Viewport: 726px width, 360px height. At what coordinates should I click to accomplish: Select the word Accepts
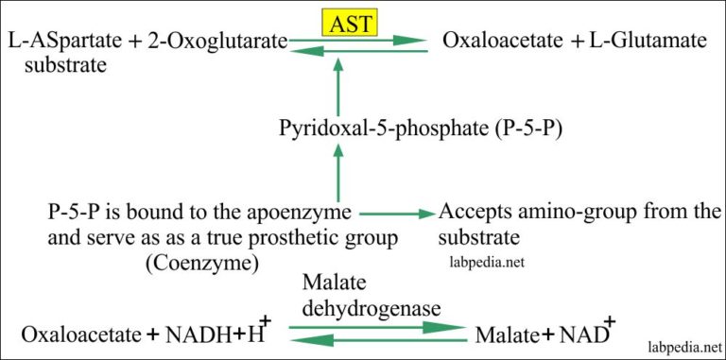tap(474, 212)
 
